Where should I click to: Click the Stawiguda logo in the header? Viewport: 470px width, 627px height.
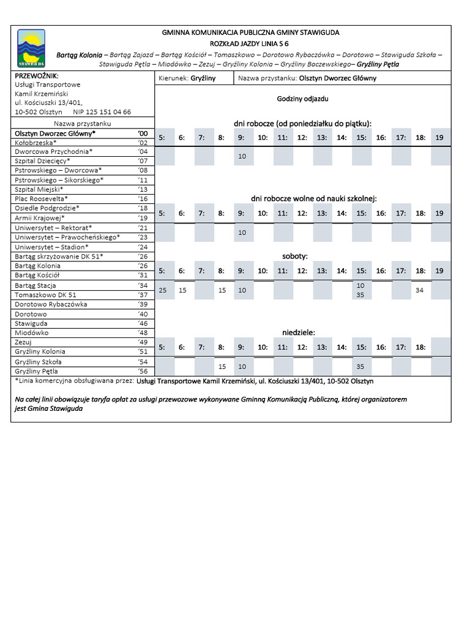31,48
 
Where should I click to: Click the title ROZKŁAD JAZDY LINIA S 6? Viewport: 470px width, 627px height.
250,43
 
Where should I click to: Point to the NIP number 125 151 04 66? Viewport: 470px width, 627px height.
102,112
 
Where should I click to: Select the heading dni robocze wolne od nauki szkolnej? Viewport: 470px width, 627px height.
313,198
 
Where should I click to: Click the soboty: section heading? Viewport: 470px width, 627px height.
294,256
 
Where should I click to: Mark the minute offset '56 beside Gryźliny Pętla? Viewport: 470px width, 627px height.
143,371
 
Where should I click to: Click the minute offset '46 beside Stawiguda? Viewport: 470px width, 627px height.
143,323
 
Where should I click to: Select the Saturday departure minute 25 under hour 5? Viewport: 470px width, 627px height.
162,290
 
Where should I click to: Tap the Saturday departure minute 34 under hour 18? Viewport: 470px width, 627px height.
419,290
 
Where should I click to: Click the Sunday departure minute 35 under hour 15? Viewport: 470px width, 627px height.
360,366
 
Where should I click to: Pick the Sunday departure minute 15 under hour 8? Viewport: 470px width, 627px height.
222,366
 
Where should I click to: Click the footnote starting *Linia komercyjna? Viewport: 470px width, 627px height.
194,381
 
